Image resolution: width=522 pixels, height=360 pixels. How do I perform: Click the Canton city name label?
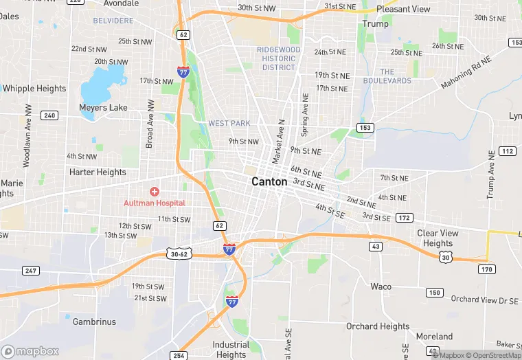[x=269, y=182]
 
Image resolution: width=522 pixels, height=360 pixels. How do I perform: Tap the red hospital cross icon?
[x=155, y=191]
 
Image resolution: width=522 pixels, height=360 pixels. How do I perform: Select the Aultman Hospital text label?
[x=155, y=203]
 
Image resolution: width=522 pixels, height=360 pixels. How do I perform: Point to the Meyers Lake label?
[x=103, y=108]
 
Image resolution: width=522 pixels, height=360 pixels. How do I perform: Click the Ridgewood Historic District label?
[x=279, y=58]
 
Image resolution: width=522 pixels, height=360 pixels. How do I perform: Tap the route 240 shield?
[x=49, y=115]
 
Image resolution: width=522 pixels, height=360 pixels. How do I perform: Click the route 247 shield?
[x=30, y=271]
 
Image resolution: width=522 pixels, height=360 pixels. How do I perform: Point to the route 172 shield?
[x=405, y=218]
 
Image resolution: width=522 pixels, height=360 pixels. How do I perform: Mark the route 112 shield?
[x=508, y=151]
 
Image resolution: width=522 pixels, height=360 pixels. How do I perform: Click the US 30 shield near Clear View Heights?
[x=446, y=256]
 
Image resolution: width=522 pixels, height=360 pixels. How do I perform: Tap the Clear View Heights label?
[x=438, y=238]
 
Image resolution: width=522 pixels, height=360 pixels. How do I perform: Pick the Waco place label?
[x=381, y=286]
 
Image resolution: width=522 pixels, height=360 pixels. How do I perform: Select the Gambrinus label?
[x=94, y=322]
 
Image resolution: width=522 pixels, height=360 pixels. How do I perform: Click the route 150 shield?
[x=433, y=293]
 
